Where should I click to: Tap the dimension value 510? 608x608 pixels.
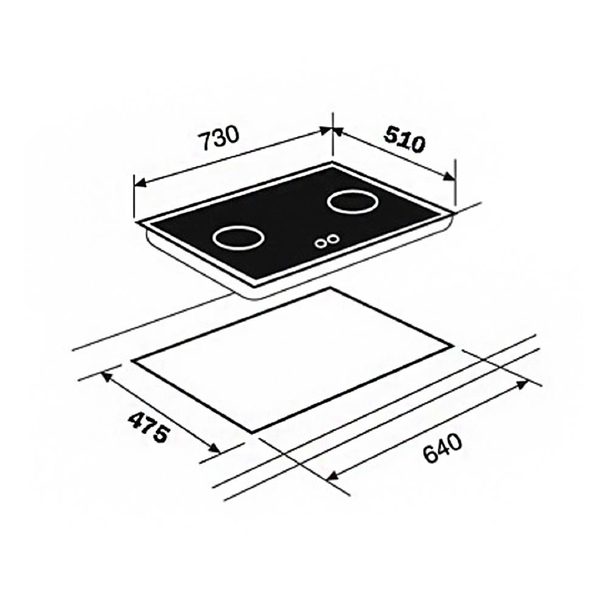coord(403,141)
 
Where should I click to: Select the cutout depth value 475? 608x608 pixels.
coord(147,427)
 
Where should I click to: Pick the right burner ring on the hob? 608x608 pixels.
coord(351,202)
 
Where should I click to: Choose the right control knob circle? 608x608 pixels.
coord(332,239)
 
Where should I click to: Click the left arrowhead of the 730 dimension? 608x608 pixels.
coord(139,182)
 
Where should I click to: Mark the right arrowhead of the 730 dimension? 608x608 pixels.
coord(328,130)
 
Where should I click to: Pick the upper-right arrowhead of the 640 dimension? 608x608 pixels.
coord(524,384)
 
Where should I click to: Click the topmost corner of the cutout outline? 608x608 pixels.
coord(330,288)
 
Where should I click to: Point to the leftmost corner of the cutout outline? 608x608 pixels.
coord(132,360)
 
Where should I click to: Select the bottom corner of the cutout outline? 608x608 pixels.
coord(251,433)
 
